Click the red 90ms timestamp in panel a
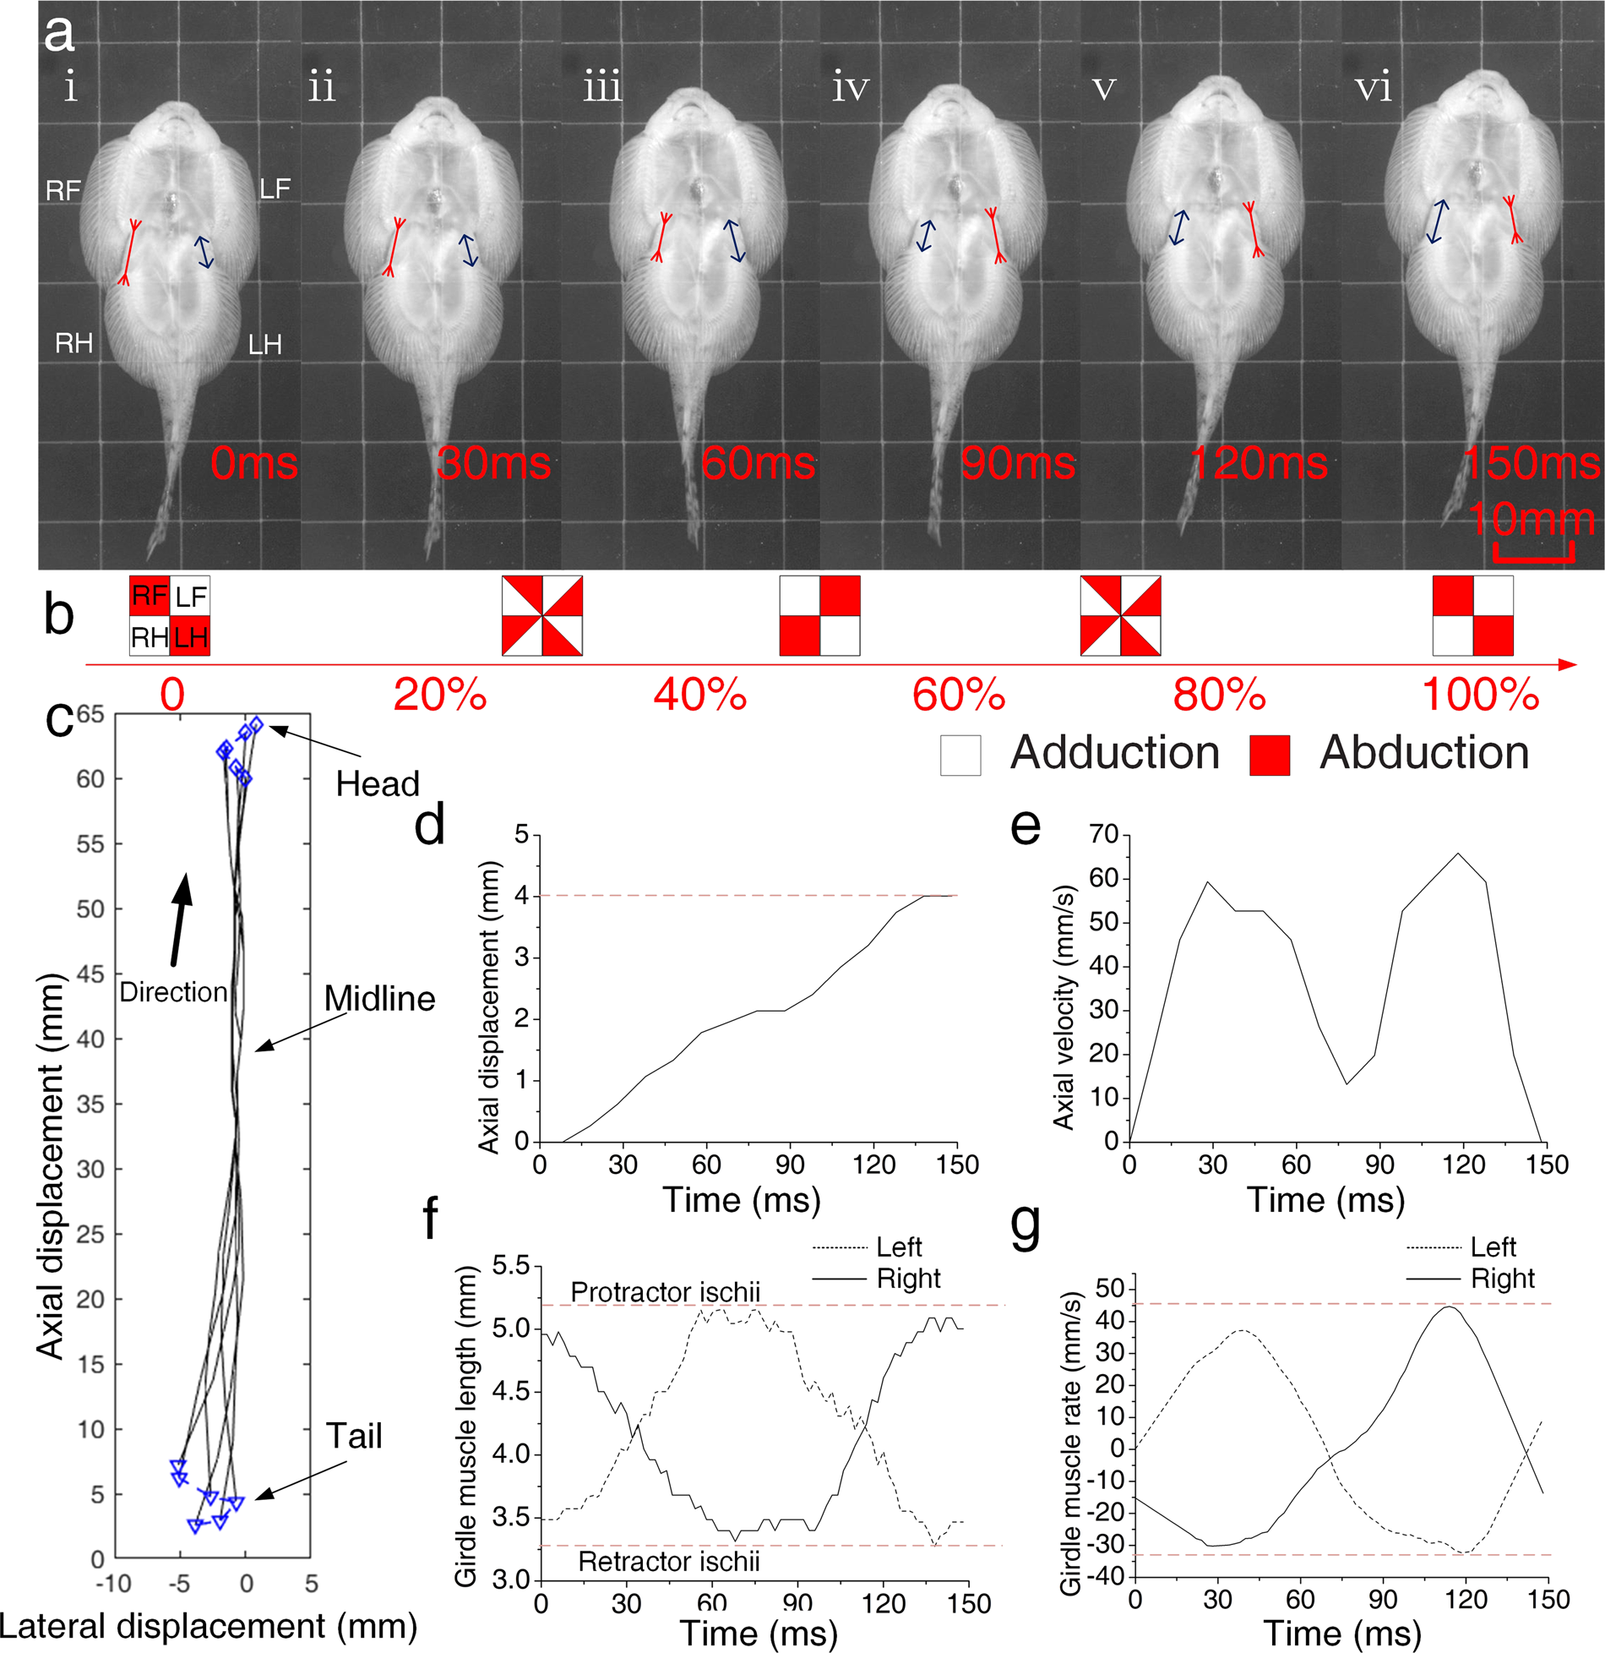coord(1017,463)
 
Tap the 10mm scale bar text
coord(1531,518)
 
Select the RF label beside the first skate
coord(63,191)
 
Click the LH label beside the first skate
coord(264,345)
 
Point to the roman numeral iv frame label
coord(850,88)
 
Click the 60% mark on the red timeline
coord(959,695)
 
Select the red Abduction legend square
coord(1270,755)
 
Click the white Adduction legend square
coord(960,755)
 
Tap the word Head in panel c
coord(378,784)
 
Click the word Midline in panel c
coord(379,999)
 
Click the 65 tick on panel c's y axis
coord(91,715)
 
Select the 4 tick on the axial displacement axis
coord(521,896)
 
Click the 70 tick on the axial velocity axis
coord(1103,835)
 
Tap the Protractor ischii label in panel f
coord(665,1292)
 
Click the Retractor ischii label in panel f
coord(668,1562)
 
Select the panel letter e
coord(1026,826)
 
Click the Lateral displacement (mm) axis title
coord(208,1626)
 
